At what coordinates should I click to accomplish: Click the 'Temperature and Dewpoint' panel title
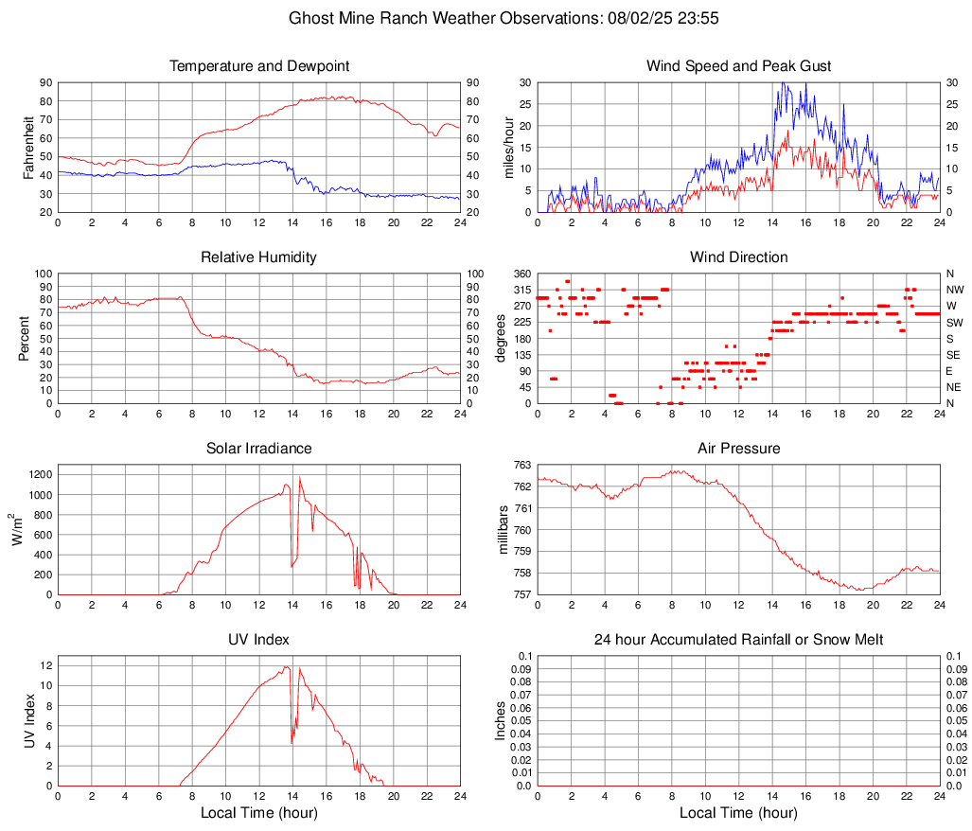coord(258,66)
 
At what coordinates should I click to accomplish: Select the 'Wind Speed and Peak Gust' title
coord(738,66)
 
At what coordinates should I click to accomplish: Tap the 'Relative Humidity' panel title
coord(258,257)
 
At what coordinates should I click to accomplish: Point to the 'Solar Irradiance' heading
coord(258,449)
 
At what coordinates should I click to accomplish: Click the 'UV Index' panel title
coord(258,640)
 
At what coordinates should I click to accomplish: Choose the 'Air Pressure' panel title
coord(738,449)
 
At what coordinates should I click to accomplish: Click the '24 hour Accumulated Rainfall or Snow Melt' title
coord(738,640)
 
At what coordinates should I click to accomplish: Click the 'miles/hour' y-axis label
coord(509,147)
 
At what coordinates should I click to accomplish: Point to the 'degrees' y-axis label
coord(503,338)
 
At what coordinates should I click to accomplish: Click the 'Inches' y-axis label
coord(503,721)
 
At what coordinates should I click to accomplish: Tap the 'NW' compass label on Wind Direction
coord(955,290)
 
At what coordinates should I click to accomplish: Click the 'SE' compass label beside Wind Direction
coord(954,355)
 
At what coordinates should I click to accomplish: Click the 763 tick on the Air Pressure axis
coord(521,466)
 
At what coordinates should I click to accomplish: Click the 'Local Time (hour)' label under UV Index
coord(258,813)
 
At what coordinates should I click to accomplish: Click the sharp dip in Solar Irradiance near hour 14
coord(292,566)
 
